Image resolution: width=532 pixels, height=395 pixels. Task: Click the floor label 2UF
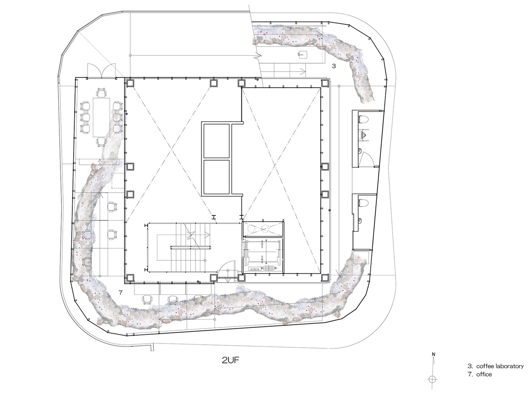pyautogui.click(x=230, y=360)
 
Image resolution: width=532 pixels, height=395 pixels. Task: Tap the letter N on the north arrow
pyautogui.click(x=433, y=354)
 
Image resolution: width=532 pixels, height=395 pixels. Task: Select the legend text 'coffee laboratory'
pyautogui.click(x=500, y=366)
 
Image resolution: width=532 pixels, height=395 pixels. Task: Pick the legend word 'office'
pyautogui.click(x=484, y=374)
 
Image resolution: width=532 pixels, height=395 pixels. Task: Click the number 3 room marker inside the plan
pyautogui.click(x=334, y=66)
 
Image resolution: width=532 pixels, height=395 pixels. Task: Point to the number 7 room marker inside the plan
pyautogui.click(x=120, y=293)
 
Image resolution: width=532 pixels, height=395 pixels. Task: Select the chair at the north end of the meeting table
pyautogui.click(x=101, y=93)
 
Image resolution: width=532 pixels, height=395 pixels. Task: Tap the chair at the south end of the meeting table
pyautogui.click(x=101, y=142)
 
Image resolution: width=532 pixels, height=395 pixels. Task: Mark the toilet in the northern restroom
pyautogui.click(x=363, y=119)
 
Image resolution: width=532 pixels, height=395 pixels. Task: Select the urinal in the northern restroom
pyautogui.click(x=363, y=135)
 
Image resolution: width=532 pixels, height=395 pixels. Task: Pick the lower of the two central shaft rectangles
pyautogui.click(x=217, y=177)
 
